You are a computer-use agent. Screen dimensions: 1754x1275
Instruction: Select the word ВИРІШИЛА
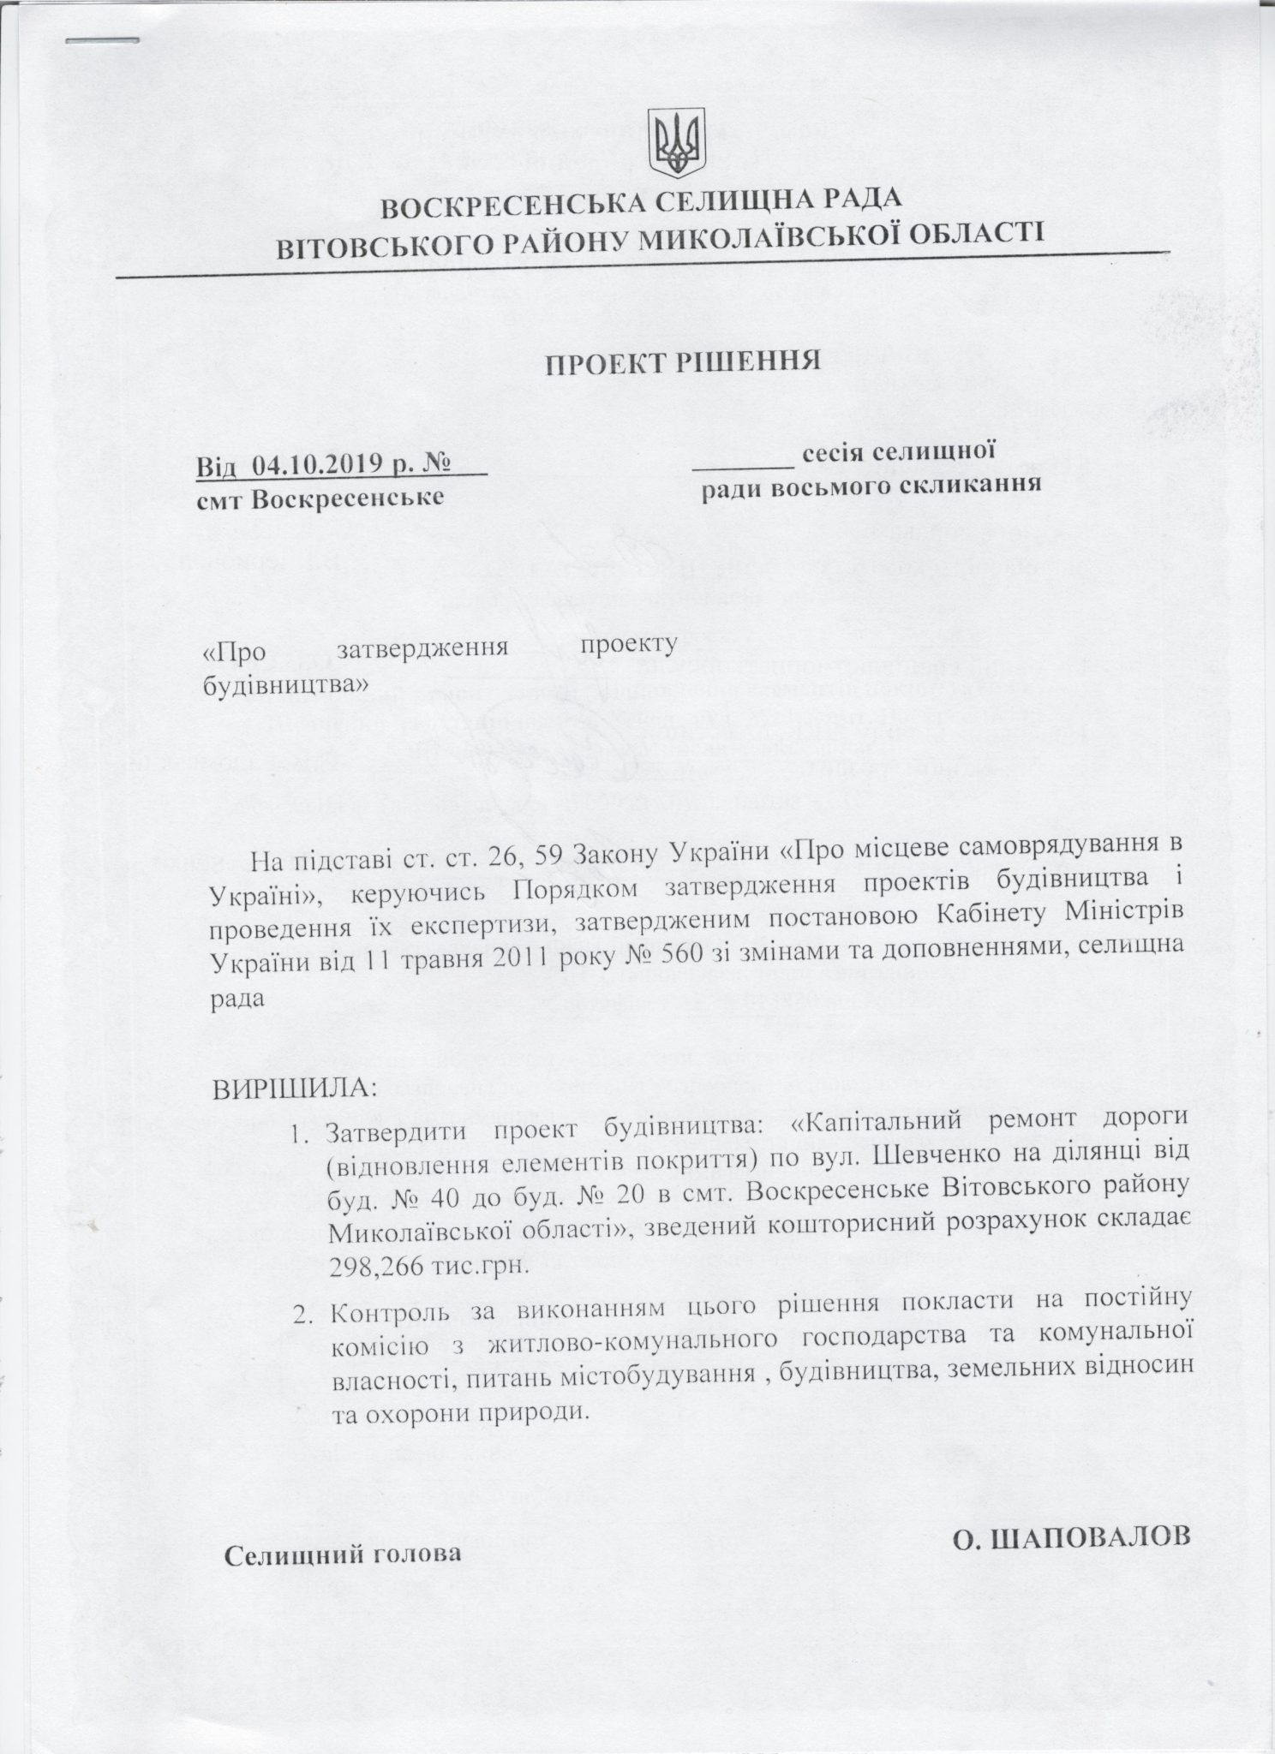(295, 1089)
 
